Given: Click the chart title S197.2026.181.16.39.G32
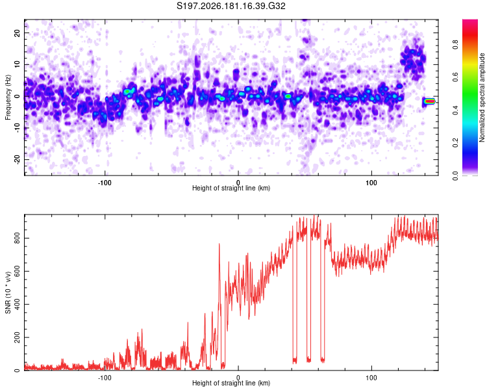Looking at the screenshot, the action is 231,6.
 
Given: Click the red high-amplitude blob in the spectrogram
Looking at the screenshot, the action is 430,101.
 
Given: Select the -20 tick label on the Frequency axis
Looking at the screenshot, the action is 17,159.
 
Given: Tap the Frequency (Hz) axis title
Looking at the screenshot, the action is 8,97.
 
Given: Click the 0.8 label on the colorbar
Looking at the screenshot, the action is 455,45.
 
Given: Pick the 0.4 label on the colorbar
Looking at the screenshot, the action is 455,110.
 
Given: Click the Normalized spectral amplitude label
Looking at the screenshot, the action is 482,97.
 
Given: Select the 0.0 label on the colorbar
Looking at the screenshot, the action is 455,176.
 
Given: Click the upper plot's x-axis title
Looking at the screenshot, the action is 231,188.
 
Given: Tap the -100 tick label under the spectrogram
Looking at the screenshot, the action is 105,183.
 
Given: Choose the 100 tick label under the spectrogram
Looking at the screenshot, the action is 371,183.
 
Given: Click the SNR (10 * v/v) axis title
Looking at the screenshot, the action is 8,292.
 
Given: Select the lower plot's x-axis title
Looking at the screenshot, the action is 231,383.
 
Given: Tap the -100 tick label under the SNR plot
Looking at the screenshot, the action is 105,378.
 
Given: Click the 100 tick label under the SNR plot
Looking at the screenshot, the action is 371,378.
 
